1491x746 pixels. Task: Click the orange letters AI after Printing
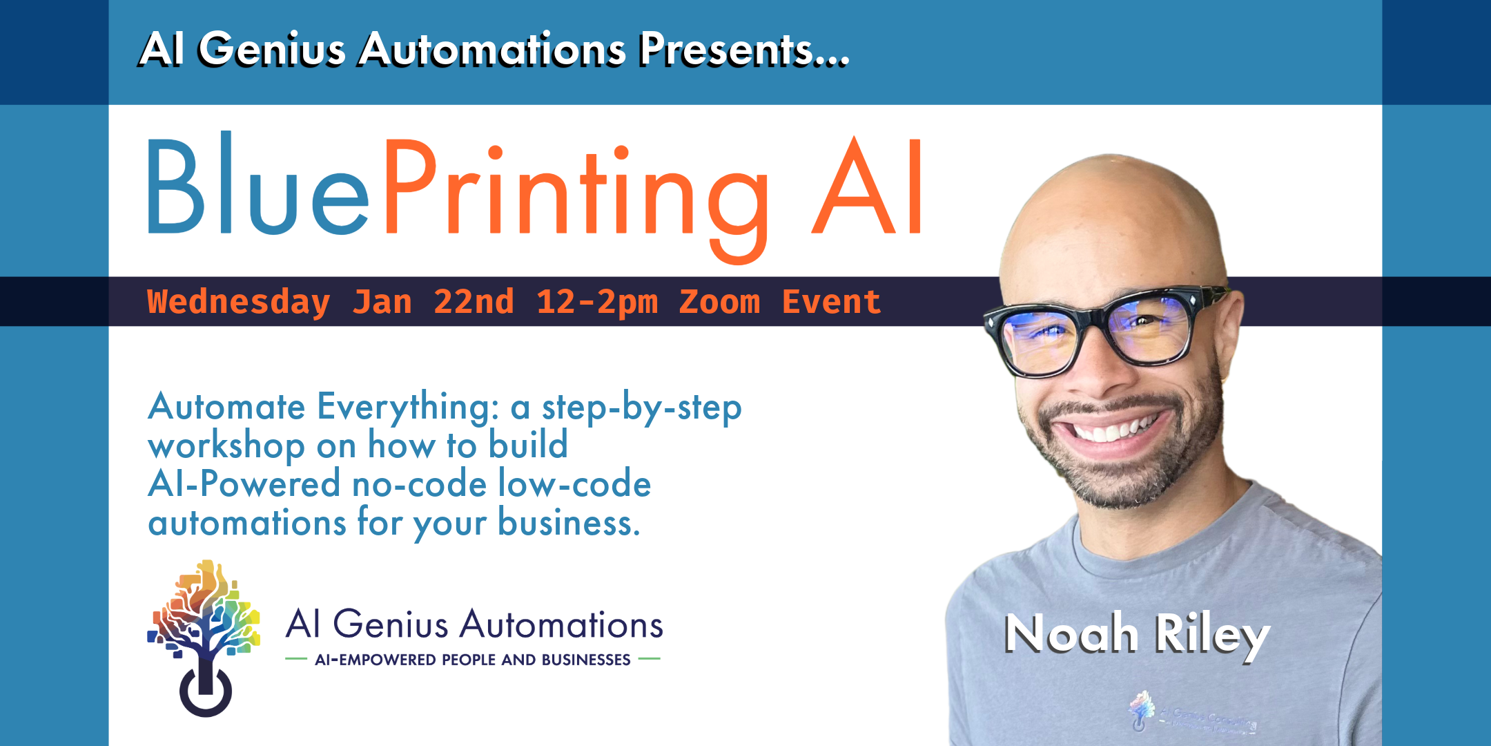[867, 186]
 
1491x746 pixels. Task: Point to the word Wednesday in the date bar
[238, 303]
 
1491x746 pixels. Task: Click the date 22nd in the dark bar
[474, 302]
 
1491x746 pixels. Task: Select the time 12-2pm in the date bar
[597, 303]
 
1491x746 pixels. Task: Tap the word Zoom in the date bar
[719, 302]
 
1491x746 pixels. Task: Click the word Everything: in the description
[408, 408]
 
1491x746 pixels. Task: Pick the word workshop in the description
[226, 446]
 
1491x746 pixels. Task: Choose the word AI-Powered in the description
[244, 483]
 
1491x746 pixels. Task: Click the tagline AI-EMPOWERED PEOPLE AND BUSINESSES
[473, 660]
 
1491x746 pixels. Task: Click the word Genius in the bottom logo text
[391, 625]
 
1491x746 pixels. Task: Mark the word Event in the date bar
[831, 302]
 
